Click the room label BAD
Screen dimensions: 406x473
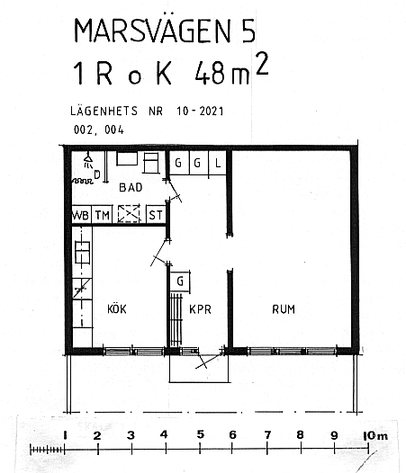[131, 187]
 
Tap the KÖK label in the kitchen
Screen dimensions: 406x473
[117, 309]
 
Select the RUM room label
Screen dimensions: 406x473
[284, 309]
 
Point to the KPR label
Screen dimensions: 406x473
[200, 309]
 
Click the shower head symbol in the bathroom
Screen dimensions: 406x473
[88, 160]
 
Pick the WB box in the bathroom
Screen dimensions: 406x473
[81, 215]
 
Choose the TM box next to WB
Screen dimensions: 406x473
[102, 215]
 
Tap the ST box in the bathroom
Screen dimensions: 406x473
[156, 215]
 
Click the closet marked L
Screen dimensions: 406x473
[218, 163]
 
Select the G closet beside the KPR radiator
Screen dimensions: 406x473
[180, 281]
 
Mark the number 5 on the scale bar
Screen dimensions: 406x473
[200, 434]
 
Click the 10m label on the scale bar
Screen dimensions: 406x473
[375, 435]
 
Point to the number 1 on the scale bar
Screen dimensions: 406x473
[65, 435]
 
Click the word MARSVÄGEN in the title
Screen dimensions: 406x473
[152, 31]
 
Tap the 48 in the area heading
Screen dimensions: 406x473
[211, 74]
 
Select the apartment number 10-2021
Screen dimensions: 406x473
[200, 111]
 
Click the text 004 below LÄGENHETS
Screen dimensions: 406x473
[114, 130]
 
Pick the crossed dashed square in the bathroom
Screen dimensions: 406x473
[129, 214]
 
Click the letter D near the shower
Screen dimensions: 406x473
[97, 174]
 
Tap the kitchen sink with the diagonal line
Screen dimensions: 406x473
[82, 289]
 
